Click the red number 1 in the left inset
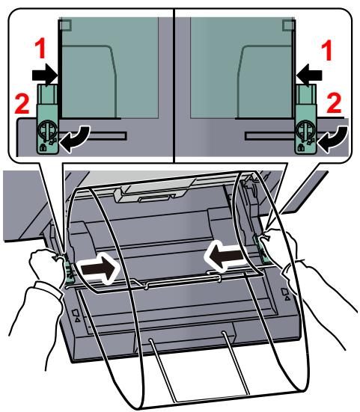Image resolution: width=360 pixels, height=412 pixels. click(40, 49)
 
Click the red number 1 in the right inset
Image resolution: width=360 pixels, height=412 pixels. click(327, 51)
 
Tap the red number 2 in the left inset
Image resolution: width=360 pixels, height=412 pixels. click(22, 104)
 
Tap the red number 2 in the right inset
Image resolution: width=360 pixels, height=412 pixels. click(335, 102)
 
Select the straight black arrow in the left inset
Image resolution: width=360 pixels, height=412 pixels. click(45, 75)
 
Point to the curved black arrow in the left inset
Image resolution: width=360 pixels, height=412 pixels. click(75, 138)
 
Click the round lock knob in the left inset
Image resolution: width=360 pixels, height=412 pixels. click(47, 129)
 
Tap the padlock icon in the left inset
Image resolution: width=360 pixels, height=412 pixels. click(43, 147)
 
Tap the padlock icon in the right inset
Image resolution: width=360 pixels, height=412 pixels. click(301, 148)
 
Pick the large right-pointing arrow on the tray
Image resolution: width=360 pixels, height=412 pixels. click(99, 268)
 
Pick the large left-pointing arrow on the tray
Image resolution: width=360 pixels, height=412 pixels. click(225, 256)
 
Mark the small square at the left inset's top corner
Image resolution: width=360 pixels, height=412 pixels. click(65, 25)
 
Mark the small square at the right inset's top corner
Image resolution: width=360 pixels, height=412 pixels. click(288, 25)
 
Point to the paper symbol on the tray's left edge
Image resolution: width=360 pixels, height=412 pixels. click(76, 316)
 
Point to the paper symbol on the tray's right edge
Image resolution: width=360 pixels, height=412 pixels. click(286, 294)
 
